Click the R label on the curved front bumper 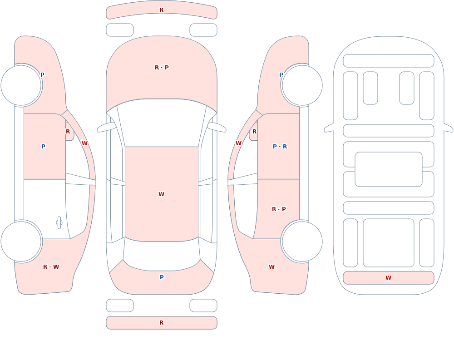pyautogui.click(x=161, y=10)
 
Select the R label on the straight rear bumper pyautogui.click(x=161, y=323)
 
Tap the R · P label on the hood pyautogui.click(x=162, y=68)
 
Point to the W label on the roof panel pyautogui.click(x=161, y=194)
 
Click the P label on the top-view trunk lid pyautogui.click(x=162, y=277)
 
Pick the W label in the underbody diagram pyautogui.click(x=388, y=277)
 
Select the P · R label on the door pyautogui.click(x=280, y=146)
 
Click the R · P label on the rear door pyautogui.click(x=279, y=209)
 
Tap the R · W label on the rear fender pyautogui.click(x=51, y=266)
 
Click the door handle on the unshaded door pyautogui.click(x=59, y=223)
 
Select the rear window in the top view pyautogui.click(x=162, y=255)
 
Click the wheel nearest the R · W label pyautogui.click(x=21, y=241)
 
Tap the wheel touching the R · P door pyautogui.click(x=302, y=241)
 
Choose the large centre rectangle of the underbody pyautogui.click(x=389, y=169)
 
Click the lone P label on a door pyautogui.click(x=43, y=146)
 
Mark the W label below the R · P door pyautogui.click(x=271, y=266)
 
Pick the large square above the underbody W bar pyautogui.click(x=389, y=243)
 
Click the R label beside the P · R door pyautogui.click(x=254, y=132)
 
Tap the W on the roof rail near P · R pyautogui.click(x=238, y=143)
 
